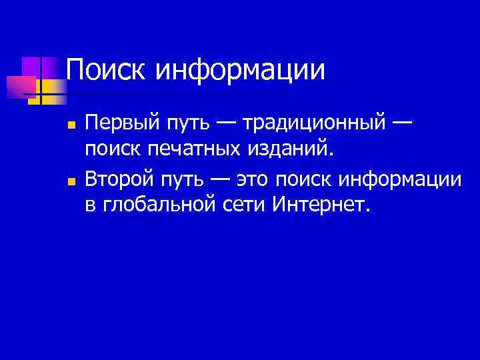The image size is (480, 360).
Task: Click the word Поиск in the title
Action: [107, 70]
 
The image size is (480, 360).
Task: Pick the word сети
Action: [244, 203]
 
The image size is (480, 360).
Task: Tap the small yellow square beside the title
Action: [37, 86]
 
